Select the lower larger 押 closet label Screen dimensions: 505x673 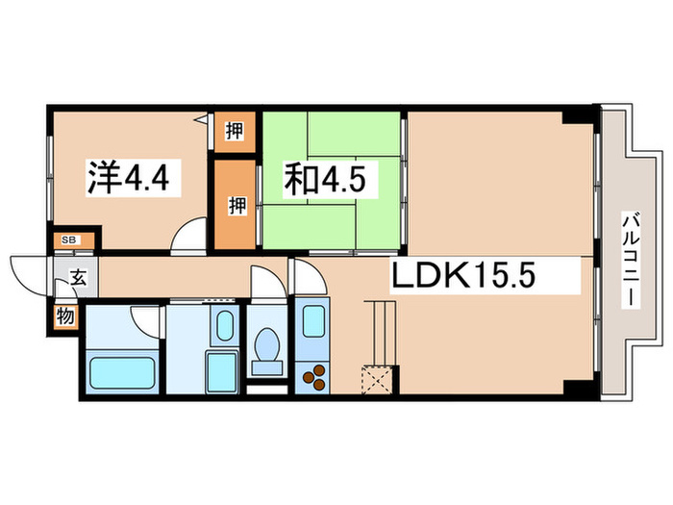tap(234, 203)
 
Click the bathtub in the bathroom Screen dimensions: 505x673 tap(122, 370)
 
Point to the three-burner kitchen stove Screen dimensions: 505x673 tap(313, 379)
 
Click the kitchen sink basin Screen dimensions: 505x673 tap(312, 321)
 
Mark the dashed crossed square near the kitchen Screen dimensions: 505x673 tap(376, 380)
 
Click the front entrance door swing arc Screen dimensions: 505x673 tap(26, 270)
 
